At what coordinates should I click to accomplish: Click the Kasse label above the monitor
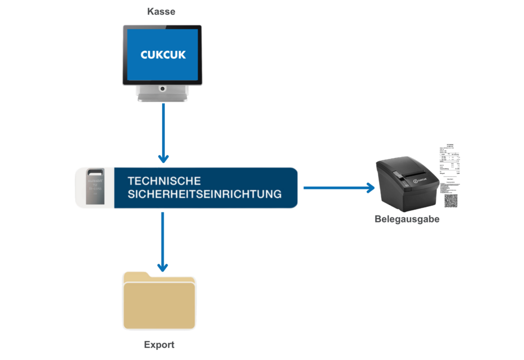click(161, 11)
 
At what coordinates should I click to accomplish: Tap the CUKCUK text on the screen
click(162, 54)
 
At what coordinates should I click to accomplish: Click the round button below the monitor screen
click(162, 89)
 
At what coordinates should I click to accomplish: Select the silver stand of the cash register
click(162, 95)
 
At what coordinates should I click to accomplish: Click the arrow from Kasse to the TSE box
click(163, 133)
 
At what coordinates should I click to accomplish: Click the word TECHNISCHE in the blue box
click(164, 181)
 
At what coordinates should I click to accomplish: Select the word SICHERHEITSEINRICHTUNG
click(204, 194)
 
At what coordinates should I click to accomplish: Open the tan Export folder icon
click(159, 304)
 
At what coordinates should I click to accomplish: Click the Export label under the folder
click(159, 345)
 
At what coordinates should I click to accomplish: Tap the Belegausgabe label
click(407, 219)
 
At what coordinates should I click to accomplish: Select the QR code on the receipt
click(451, 200)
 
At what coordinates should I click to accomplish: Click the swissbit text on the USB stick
click(95, 181)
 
